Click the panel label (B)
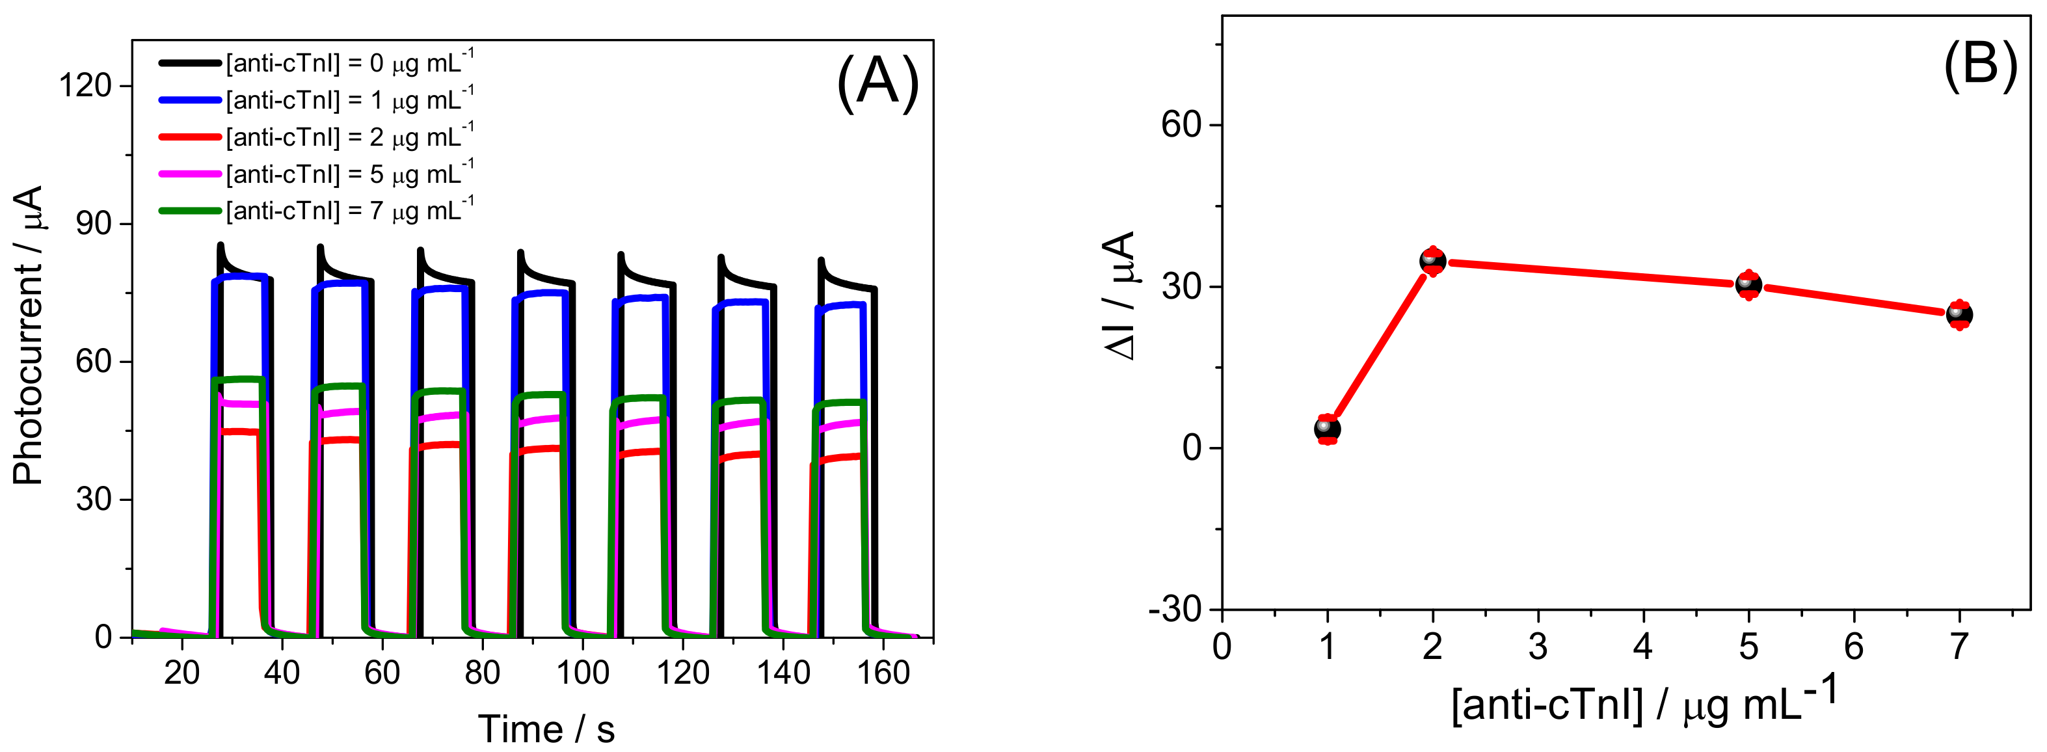pyautogui.click(x=1979, y=64)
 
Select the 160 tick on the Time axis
pyautogui.click(x=883, y=673)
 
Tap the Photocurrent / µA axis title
pyautogui.click(x=28, y=334)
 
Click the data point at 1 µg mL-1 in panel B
pyautogui.click(x=1327, y=429)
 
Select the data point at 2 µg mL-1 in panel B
pyautogui.click(x=1433, y=261)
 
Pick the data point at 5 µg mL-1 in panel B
pyautogui.click(x=1748, y=284)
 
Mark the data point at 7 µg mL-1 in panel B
pyautogui.click(x=1960, y=315)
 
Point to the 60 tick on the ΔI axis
pyautogui.click(x=1181, y=125)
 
